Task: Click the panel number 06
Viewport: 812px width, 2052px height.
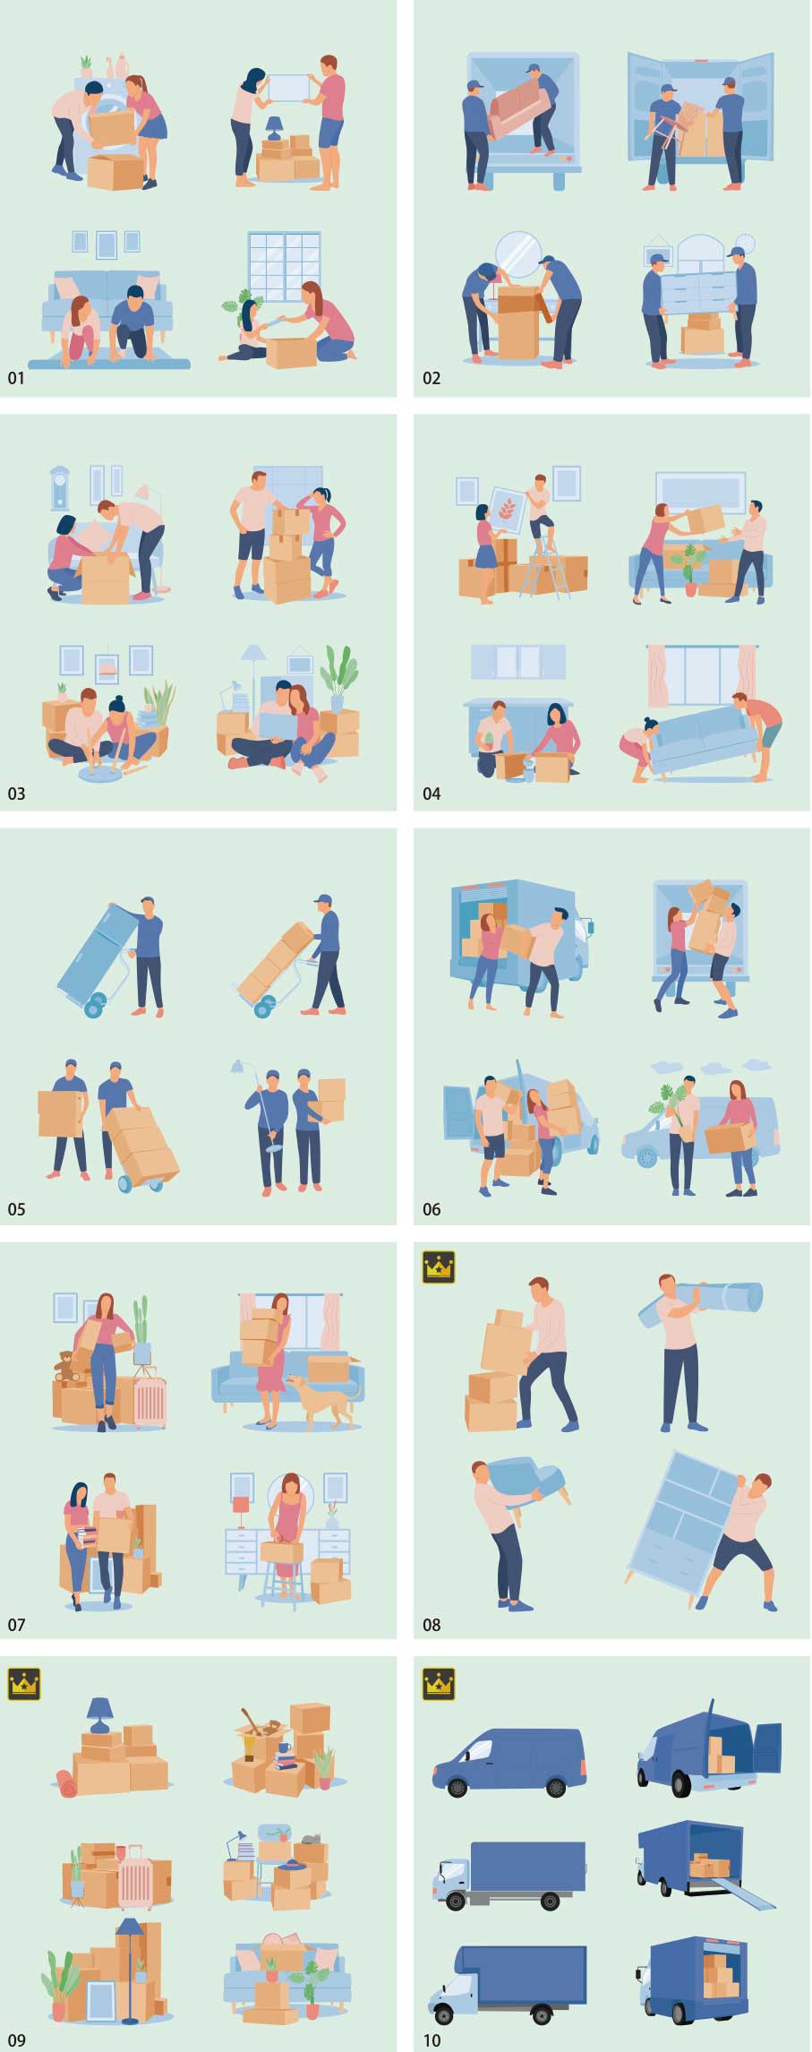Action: click(432, 1209)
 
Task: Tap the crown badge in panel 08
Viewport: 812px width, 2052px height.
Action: click(439, 1266)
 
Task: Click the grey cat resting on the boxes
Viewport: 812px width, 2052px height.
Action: click(312, 1837)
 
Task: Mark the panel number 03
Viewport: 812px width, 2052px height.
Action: click(16, 794)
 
